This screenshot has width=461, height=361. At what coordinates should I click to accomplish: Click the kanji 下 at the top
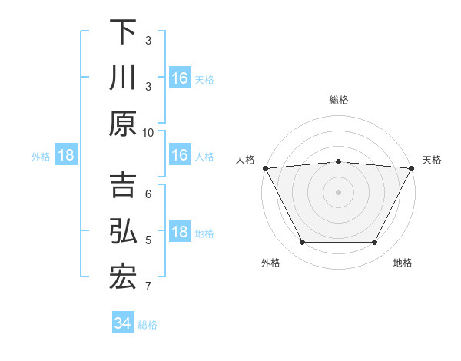tap(123, 32)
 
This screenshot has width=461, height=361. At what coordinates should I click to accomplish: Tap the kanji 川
tap(123, 78)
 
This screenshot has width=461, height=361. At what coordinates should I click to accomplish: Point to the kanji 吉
tap(123, 187)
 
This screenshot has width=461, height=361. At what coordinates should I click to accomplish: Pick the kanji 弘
tap(123, 233)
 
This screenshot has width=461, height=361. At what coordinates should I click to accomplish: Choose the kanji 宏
tap(123, 279)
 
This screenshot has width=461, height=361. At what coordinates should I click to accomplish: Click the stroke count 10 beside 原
tap(148, 132)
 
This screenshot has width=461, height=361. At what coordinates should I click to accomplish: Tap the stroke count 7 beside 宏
tap(148, 287)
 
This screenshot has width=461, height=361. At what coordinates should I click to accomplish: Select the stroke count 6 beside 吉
tap(148, 194)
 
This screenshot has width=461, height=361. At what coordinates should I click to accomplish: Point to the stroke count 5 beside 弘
tap(148, 241)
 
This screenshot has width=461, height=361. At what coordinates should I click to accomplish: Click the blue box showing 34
tap(123, 323)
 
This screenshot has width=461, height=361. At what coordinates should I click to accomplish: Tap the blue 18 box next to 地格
tap(179, 233)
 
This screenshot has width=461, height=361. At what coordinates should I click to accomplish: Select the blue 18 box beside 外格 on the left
tap(66, 156)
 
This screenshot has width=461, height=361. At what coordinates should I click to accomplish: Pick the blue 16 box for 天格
tap(179, 78)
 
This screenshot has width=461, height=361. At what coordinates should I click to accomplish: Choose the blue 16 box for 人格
tap(179, 156)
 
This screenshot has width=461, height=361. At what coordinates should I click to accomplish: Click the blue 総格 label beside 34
tap(148, 325)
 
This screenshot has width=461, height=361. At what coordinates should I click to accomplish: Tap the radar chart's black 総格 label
tap(338, 100)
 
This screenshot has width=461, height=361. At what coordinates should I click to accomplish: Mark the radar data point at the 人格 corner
tap(265, 167)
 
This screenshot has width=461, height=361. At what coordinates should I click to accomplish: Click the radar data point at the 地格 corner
tap(375, 243)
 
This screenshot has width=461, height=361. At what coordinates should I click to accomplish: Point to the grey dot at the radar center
tap(338, 191)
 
